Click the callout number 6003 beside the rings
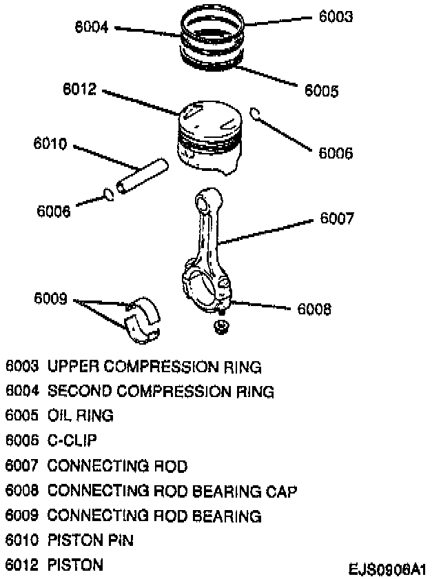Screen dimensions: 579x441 336,16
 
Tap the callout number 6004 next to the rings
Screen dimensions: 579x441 92,28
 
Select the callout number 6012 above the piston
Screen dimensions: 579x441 79,91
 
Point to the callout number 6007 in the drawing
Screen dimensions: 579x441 337,219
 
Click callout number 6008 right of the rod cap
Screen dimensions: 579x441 314,309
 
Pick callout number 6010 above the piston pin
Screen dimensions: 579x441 50,145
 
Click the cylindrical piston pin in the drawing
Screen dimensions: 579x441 142,176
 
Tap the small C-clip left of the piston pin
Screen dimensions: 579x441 109,194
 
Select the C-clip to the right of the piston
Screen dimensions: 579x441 255,114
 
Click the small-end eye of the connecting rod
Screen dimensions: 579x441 205,201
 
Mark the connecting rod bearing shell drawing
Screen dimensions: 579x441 143,319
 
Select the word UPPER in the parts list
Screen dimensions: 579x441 70,366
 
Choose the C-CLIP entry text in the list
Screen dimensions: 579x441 72,440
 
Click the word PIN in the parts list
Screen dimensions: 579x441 121,540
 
